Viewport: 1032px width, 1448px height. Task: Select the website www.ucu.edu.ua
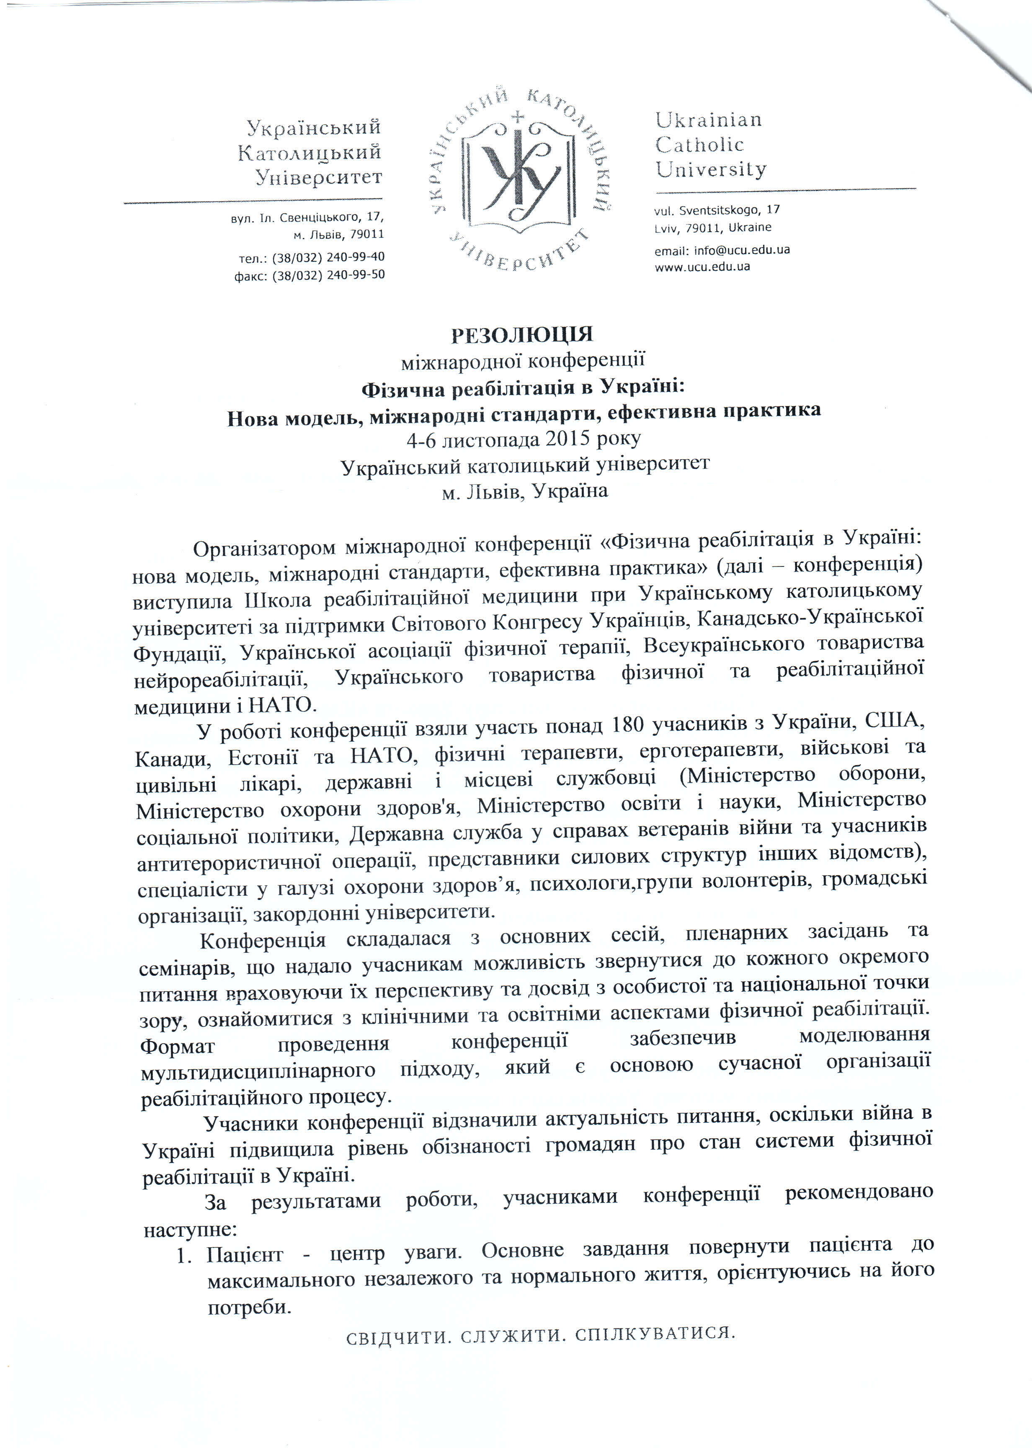pos(702,266)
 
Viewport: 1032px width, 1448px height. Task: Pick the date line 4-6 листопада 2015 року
pos(524,439)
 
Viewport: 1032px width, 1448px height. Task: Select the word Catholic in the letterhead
pos(699,145)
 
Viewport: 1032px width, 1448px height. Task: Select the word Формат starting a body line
pos(177,1046)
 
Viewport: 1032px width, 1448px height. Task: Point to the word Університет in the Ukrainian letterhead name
pos(318,177)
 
